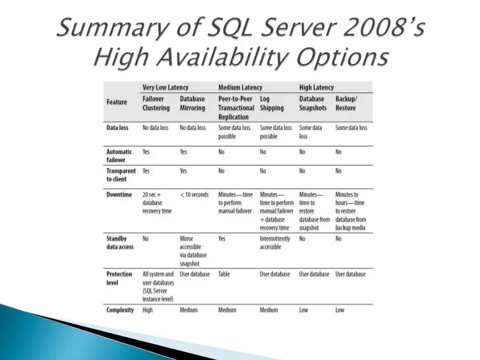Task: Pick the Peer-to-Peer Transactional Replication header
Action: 236,107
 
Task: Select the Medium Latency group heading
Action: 240,88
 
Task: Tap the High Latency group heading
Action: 316,88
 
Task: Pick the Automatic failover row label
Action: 119,156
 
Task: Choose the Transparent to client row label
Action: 121,175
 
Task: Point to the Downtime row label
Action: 120,195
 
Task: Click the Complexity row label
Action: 120,309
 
